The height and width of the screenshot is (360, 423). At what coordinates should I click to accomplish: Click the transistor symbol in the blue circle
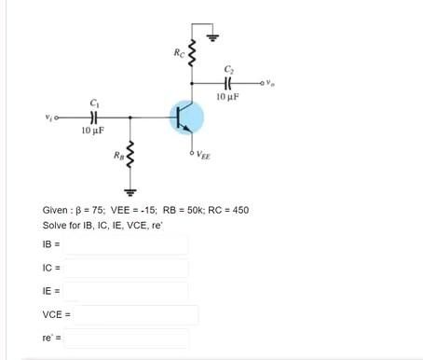pos(187,118)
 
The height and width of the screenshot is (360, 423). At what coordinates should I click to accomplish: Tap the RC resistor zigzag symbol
pos(191,53)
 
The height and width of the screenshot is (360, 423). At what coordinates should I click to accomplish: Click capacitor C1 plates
pos(92,118)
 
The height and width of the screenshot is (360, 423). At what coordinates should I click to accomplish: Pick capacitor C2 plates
pos(229,83)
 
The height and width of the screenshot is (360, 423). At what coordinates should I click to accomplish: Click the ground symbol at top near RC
pos(211,37)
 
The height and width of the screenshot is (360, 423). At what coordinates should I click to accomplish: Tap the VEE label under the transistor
pos(204,157)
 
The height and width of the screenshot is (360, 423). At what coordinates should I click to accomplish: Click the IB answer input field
pos(126,245)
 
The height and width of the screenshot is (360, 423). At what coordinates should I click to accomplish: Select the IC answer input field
pos(126,269)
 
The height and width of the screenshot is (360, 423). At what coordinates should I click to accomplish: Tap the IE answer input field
pos(126,292)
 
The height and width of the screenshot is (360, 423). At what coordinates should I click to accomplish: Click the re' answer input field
pos(126,339)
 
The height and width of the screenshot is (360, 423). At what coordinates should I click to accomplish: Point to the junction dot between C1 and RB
pos(130,118)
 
